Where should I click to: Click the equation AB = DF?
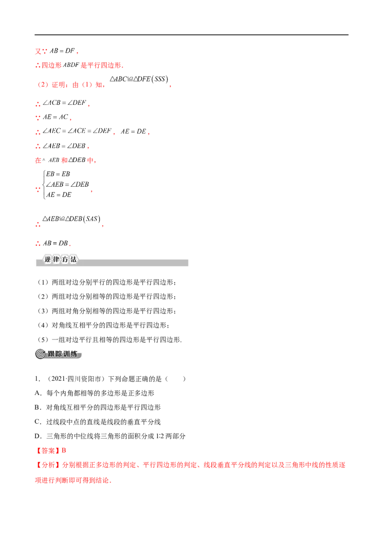tap(62, 51)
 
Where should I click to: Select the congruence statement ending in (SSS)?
tap(139, 79)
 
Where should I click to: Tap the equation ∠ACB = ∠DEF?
tap(64, 102)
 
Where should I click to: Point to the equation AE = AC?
tap(56, 117)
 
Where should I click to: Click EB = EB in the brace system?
tap(58, 174)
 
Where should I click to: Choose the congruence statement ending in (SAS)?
tap(71, 219)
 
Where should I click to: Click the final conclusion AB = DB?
tap(56, 243)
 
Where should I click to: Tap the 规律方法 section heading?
tap(60, 259)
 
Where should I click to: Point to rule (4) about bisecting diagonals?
tap(102, 325)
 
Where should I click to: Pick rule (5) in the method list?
tap(109, 340)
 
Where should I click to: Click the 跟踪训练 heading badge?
tap(58, 354)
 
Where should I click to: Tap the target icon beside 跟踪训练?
tap(40, 354)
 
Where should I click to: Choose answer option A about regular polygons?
tap(94, 393)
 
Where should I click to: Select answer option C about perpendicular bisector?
tap(98, 422)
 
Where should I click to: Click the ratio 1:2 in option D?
tap(160, 436)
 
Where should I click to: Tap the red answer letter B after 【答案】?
tap(64, 451)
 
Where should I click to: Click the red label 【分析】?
tap(48, 465)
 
